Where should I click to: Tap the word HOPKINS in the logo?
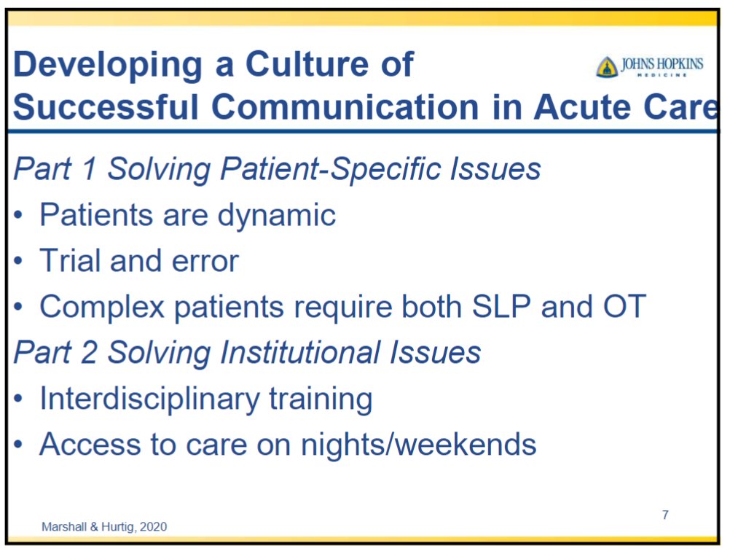(x=680, y=64)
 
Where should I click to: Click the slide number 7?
(x=665, y=515)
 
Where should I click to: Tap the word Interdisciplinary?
(x=149, y=399)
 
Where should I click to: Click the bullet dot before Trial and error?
(x=18, y=261)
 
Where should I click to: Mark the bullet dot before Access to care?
(x=18, y=445)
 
